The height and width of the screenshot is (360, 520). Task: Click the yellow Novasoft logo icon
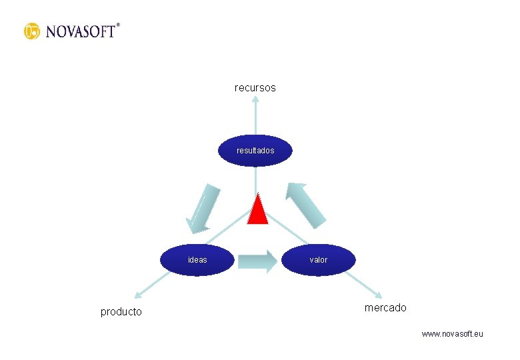tap(32, 31)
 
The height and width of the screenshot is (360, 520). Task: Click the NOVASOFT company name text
tap(80, 31)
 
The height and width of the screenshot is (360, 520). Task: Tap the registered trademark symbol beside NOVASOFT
tap(118, 25)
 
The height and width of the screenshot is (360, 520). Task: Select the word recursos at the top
tap(255, 87)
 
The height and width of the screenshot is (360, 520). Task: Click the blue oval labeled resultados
tap(255, 151)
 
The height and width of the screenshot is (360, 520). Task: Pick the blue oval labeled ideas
tap(198, 259)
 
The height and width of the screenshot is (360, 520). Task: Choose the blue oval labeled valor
tap(319, 259)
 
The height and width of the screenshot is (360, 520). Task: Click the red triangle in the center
tap(257, 209)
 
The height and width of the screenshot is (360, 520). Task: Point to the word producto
tap(121, 311)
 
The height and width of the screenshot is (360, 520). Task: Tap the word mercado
tap(385, 307)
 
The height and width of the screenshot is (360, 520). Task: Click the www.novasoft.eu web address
tap(453, 333)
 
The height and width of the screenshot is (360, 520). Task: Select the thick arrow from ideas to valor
tap(257, 261)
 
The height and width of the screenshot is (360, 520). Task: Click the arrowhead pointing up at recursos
tap(255, 100)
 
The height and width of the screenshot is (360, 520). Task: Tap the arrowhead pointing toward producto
tap(138, 294)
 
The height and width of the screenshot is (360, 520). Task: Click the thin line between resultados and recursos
tap(255, 120)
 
